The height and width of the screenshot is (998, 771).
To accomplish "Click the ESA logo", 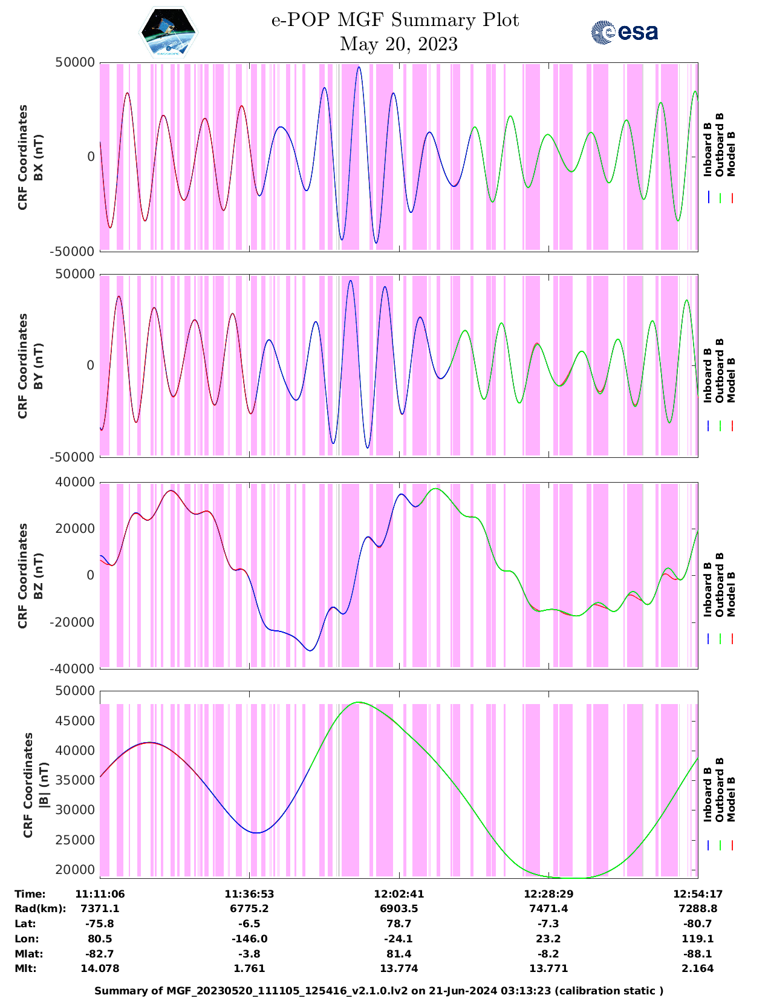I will click(x=624, y=32).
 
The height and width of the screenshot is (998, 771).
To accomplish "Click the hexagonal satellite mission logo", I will click(x=168, y=32).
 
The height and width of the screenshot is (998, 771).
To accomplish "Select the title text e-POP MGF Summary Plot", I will click(x=395, y=20).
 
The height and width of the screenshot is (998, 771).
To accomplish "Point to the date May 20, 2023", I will click(x=399, y=44).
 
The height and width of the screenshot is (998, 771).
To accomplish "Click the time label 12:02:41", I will click(x=399, y=894).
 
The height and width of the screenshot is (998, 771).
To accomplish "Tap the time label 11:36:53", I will click(x=249, y=894).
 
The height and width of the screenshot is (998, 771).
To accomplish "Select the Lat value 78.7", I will click(x=399, y=924).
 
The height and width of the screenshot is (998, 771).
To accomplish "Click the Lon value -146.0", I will click(x=249, y=939).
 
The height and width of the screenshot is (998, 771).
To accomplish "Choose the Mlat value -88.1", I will click(x=698, y=954).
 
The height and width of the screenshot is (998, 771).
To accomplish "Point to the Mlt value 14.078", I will click(x=100, y=968).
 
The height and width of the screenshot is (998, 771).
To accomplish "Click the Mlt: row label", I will click(x=25, y=968).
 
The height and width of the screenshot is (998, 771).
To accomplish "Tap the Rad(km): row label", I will click(x=40, y=908).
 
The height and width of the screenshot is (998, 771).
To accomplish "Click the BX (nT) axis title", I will click(x=38, y=157).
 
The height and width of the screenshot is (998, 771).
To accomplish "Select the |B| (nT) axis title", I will click(x=44, y=785).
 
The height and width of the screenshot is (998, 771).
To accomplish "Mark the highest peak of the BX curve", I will click(x=359, y=67).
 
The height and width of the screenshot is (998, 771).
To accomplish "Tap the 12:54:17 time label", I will click(x=698, y=894).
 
